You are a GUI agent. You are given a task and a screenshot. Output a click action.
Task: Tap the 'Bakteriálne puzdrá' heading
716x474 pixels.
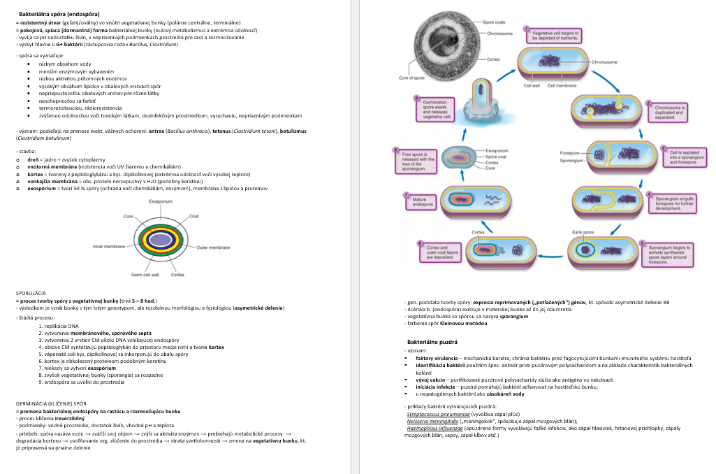point(432,342)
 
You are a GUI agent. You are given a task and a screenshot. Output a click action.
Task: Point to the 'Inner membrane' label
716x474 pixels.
point(108,247)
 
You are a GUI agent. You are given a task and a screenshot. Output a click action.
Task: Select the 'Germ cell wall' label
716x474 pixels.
point(146,275)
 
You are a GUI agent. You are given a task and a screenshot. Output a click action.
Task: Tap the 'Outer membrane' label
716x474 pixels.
point(213,247)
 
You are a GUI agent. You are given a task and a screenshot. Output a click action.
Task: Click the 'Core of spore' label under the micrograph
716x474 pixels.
point(411,78)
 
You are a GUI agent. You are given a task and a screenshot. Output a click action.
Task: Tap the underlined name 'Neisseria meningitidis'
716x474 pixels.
point(432,422)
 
